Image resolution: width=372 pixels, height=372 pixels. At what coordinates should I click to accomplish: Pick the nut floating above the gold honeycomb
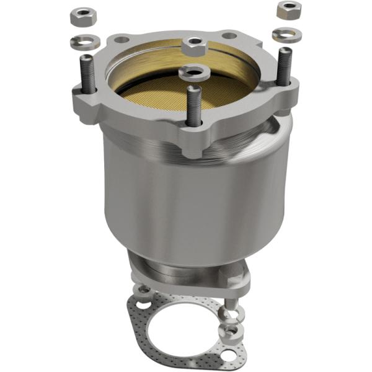(195, 44)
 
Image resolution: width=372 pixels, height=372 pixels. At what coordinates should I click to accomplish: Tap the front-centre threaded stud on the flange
(193, 105)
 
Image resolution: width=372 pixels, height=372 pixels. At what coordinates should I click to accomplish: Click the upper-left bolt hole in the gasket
(144, 305)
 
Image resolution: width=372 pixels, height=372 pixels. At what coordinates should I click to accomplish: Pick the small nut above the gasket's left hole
(143, 289)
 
